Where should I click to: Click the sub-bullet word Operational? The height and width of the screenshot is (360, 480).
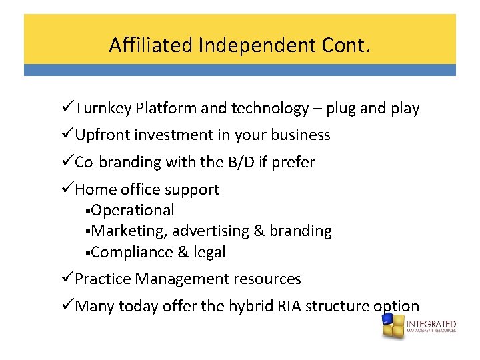133,210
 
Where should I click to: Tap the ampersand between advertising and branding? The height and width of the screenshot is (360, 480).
259,231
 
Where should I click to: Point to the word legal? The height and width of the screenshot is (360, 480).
210,253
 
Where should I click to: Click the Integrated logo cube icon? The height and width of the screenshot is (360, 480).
392,327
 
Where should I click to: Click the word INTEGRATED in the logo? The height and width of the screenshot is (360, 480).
431,324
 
